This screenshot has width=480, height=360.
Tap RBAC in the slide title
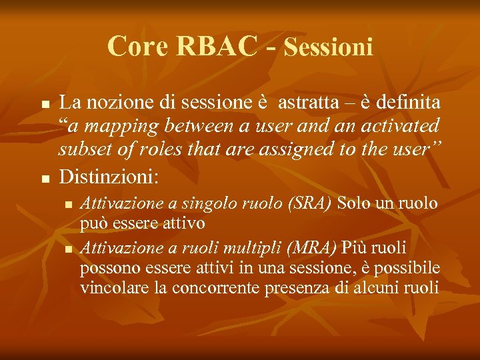[217, 47]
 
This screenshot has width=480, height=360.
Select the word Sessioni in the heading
[328, 47]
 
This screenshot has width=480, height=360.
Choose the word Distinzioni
[109, 177]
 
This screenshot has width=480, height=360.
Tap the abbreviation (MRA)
[313, 249]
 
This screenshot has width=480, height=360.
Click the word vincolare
[108, 288]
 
